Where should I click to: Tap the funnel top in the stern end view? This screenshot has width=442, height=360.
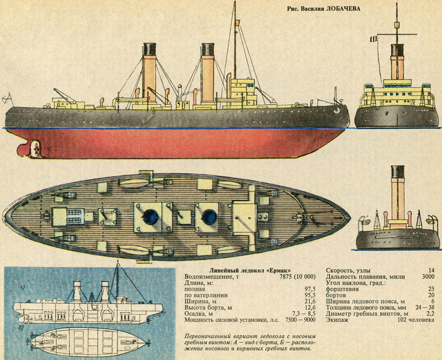397,171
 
